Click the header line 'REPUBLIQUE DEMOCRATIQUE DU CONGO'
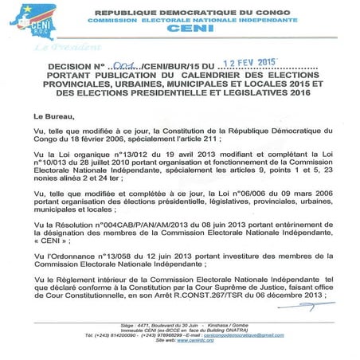pyautogui.click(x=189, y=14)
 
